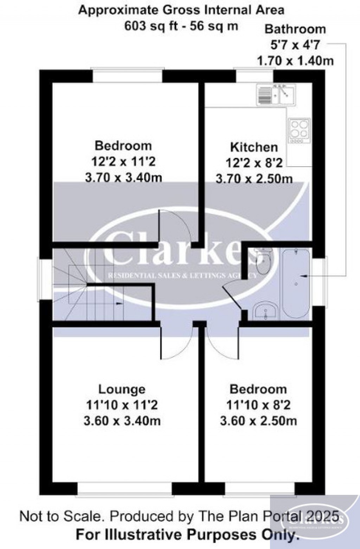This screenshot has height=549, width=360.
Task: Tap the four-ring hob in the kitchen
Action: point(299,129)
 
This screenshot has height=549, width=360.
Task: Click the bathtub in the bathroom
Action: point(296,284)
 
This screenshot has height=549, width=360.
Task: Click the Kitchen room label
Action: point(254,147)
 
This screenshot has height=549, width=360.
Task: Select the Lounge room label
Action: point(122,389)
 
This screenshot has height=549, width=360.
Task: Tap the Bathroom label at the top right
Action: point(295,29)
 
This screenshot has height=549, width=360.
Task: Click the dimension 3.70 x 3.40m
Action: point(123,177)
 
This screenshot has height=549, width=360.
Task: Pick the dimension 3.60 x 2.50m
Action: point(258,421)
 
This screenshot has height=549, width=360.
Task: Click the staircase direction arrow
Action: point(120,303)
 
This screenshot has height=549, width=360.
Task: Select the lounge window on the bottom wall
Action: point(124,489)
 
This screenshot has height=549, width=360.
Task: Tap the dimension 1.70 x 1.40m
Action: point(295,61)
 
